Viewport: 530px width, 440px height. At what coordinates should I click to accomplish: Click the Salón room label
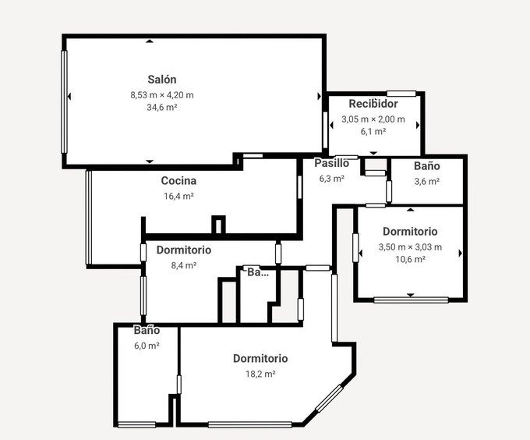click(162, 80)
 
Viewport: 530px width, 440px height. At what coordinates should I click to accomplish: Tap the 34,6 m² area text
click(162, 107)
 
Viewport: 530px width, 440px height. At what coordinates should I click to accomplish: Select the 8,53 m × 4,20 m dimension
click(162, 95)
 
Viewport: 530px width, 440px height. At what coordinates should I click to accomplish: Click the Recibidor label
click(373, 104)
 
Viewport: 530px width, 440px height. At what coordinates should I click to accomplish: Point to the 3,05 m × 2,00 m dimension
click(373, 119)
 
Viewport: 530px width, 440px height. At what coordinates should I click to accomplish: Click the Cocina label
click(178, 180)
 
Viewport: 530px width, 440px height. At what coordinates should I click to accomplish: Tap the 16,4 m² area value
click(178, 196)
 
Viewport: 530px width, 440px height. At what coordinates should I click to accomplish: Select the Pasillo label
click(331, 163)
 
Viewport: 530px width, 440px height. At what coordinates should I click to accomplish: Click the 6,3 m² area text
click(331, 178)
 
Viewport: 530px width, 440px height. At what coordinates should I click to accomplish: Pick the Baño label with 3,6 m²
click(427, 166)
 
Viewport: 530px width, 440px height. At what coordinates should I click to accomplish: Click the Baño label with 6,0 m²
click(147, 330)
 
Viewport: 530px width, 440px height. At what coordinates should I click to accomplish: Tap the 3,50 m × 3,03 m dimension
click(410, 247)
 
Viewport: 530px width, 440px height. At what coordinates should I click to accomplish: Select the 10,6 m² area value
click(410, 260)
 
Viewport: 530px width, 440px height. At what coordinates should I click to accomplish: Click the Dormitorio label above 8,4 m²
click(183, 250)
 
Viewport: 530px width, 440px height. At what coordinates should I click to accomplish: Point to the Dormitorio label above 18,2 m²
click(260, 359)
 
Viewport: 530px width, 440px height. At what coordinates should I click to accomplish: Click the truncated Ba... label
click(258, 272)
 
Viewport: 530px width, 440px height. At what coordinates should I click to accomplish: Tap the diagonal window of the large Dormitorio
click(330, 399)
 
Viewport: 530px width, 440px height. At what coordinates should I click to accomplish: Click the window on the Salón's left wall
click(64, 101)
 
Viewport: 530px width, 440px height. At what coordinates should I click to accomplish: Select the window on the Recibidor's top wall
click(401, 94)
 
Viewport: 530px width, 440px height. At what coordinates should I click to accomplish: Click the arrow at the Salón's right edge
click(319, 97)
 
